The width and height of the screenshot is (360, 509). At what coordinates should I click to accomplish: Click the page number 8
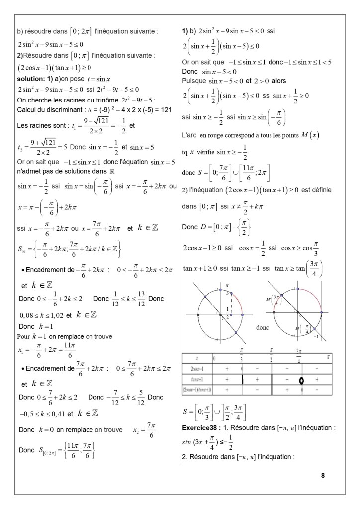click(323, 475)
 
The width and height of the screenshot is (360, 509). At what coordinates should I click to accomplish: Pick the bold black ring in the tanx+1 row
click(302, 380)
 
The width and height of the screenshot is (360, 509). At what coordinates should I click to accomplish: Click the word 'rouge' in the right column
click(221, 136)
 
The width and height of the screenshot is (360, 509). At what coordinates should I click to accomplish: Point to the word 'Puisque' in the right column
click(194, 80)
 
